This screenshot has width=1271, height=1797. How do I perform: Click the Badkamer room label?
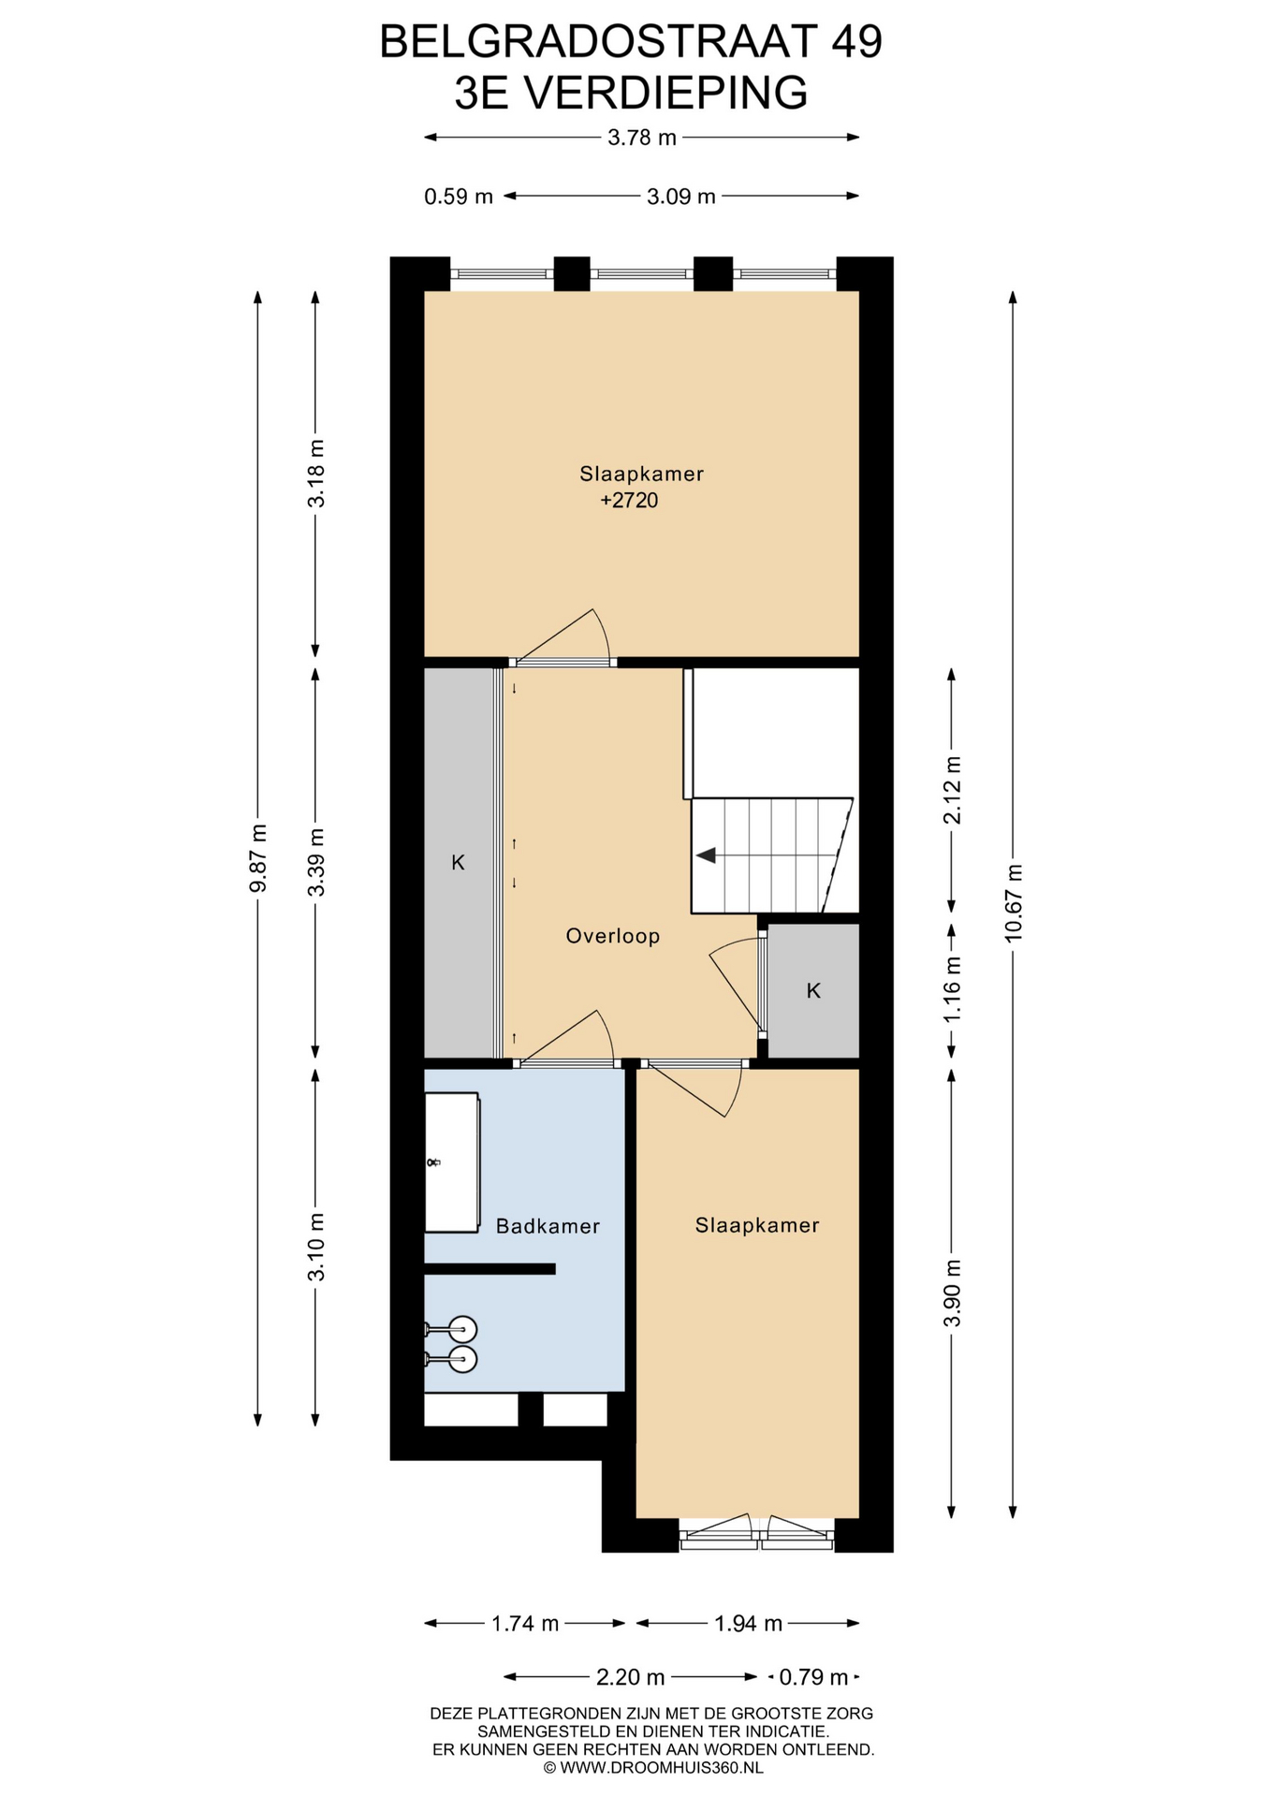tap(548, 1226)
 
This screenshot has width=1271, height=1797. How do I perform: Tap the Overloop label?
tap(613, 936)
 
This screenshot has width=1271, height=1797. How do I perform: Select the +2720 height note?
tap(629, 501)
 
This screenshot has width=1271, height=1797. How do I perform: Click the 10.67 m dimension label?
tap(1013, 903)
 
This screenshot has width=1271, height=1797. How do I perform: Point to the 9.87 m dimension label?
tap(258, 858)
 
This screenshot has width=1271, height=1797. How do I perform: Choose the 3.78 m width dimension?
tap(642, 138)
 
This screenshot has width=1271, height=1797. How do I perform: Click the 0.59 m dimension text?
tap(459, 197)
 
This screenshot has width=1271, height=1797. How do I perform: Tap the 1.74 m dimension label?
tap(525, 1624)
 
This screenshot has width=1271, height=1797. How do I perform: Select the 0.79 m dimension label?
tap(813, 1677)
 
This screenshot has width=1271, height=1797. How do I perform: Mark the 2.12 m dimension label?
tap(952, 789)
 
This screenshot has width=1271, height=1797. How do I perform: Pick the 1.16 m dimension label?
tap(952, 989)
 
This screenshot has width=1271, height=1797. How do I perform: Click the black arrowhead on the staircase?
tap(706, 855)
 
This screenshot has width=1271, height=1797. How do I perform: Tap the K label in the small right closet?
tap(813, 991)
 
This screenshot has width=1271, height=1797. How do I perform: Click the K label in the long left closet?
tap(458, 863)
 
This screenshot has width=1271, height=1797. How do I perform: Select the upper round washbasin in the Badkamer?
tap(462, 1329)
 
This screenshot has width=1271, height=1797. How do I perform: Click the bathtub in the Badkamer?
tap(452, 1161)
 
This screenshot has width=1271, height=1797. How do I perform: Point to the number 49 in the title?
tap(855, 42)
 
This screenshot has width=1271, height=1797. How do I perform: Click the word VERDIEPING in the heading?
tap(664, 93)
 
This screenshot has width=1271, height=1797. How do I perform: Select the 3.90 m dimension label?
tap(952, 1293)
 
